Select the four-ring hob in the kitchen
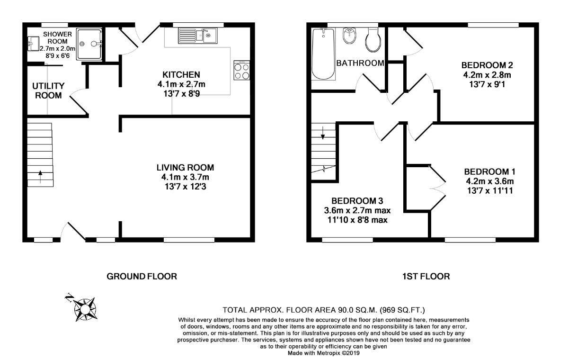coord(242,71)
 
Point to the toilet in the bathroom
coord(373,40)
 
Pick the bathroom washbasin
coord(349,36)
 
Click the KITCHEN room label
coord(181,75)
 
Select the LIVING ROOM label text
coord(185,168)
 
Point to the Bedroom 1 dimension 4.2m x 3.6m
coord(489,181)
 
